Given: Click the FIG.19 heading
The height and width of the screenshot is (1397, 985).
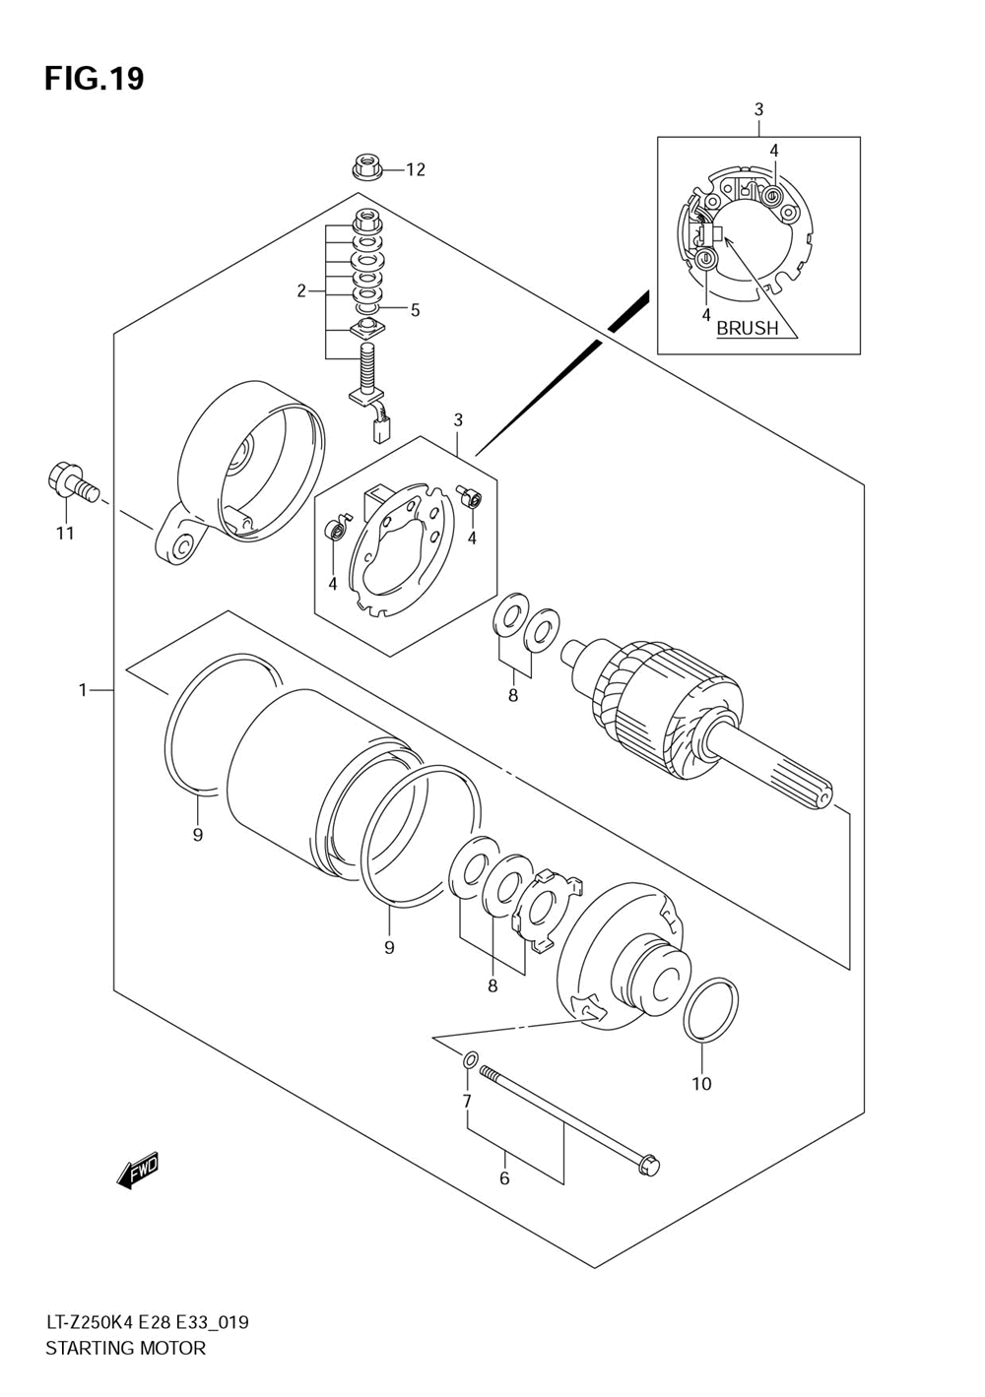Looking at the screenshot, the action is pyautogui.click(x=95, y=79).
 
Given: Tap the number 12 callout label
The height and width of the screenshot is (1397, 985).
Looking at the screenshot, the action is pyautogui.click(x=416, y=169).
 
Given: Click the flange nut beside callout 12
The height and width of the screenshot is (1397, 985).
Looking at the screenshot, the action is pyautogui.click(x=365, y=166).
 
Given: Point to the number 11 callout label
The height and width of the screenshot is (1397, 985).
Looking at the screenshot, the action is pyautogui.click(x=65, y=534).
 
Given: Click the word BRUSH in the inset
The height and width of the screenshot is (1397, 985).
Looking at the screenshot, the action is pyautogui.click(x=748, y=328).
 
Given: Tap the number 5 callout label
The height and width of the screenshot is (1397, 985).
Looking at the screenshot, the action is pyautogui.click(x=415, y=310).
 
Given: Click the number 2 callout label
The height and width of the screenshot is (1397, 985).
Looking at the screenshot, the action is pyautogui.click(x=301, y=291).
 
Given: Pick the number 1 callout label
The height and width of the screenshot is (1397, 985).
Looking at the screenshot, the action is pyautogui.click(x=83, y=690).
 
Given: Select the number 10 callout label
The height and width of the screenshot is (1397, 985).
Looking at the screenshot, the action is pyautogui.click(x=701, y=1084).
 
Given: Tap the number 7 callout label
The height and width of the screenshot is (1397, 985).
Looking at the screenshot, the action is pyautogui.click(x=467, y=1102).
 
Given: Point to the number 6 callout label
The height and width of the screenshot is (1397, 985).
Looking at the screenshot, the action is pyautogui.click(x=504, y=1178).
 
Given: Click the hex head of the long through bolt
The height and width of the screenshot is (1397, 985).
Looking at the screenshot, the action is pyautogui.click(x=649, y=1167).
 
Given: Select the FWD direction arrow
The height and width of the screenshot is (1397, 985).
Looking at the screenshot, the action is pyautogui.click(x=138, y=1172).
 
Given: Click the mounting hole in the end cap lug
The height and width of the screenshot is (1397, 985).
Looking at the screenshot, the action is pyautogui.click(x=184, y=547).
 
